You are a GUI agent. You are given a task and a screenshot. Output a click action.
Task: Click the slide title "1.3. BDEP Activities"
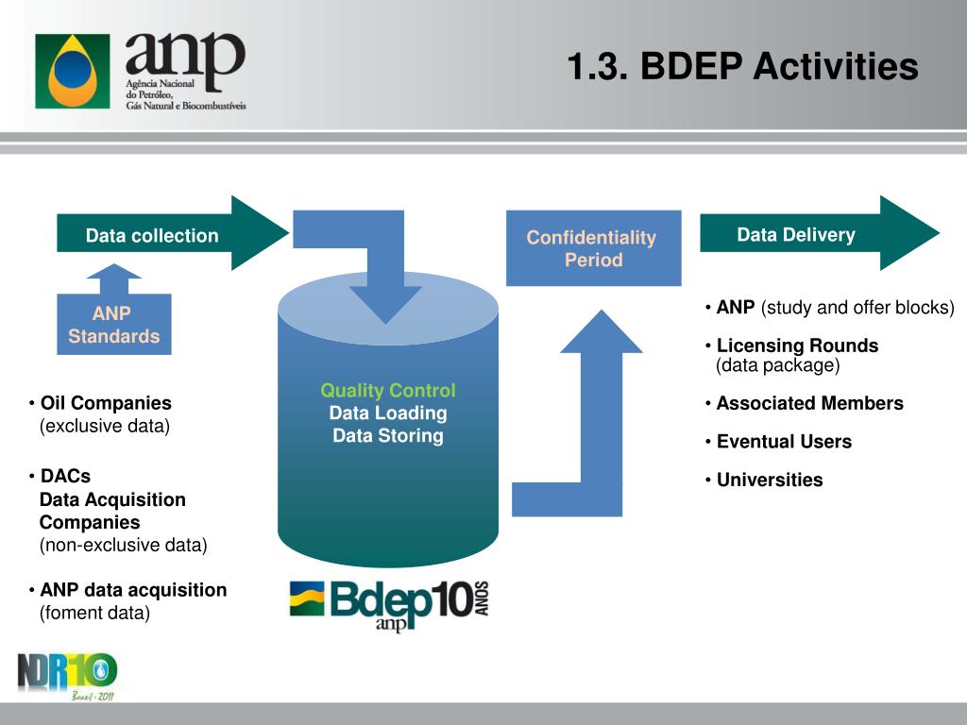(x=742, y=67)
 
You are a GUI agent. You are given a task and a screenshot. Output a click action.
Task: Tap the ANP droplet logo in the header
(x=72, y=71)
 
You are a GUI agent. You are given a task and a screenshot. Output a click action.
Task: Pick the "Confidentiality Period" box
(x=592, y=248)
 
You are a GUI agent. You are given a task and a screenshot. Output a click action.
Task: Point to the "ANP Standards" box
(x=113, y=325)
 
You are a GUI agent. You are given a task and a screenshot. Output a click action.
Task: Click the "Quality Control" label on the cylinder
(x=387, y=391)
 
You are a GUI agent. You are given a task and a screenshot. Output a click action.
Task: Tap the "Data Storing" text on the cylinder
(x=387, y=436)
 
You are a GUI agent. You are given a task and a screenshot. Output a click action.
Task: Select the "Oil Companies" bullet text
(x=106, y=403)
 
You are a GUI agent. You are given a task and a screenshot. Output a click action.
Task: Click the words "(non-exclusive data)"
(x=123, y=545)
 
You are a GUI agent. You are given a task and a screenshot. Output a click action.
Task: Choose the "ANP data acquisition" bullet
(x=133, y=590)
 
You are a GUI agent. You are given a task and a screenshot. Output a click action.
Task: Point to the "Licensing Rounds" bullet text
(x=797, y=346)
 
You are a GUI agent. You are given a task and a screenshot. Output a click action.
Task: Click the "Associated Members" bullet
(x=809, y=403)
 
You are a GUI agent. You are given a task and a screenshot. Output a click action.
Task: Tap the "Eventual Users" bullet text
(x=784, y=442)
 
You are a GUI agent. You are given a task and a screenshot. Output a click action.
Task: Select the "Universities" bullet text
(x=770, y=480)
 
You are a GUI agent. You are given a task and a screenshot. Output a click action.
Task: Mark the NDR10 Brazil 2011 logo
(x=67, y=675)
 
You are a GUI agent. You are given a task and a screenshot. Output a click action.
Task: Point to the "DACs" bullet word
(x=65, y=476)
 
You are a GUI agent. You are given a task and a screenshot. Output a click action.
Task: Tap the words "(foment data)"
(x=94, y=613)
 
